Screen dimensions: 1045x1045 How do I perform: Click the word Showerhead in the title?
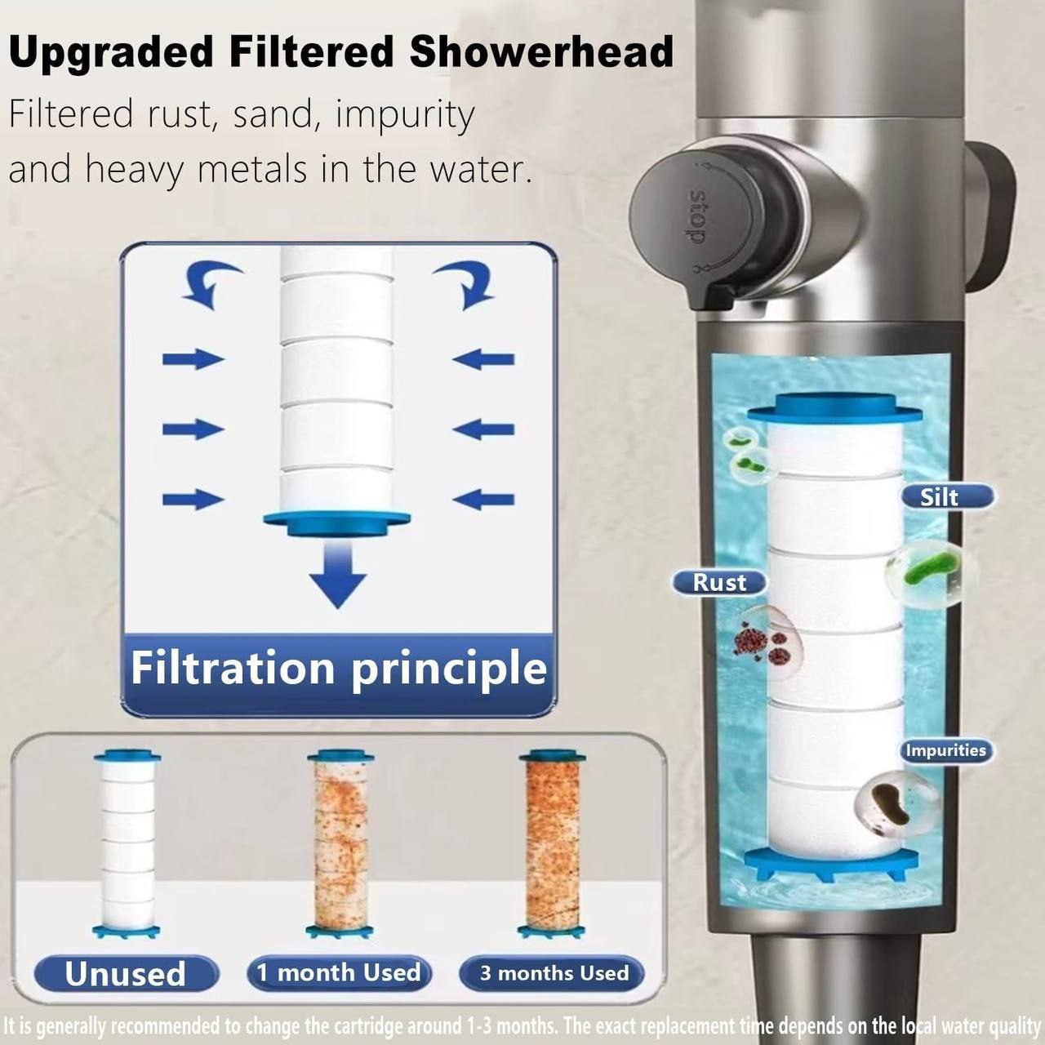pyautogui.click(x=541, y=52)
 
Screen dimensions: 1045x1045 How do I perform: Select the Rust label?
pyautogui.click(x=719, y=582)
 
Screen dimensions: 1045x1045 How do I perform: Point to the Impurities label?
pyautogui.click(x=946, y=750)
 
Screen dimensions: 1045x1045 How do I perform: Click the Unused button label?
pyautogui.click(x=126, y=973)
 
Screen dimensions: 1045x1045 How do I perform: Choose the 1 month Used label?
pyautogui.click(x=339, y=972)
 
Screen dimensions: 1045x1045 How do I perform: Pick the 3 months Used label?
pyautogui.click(x=554, y=973)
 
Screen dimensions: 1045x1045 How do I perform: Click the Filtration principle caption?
pyautogui.click(x=338, y=668)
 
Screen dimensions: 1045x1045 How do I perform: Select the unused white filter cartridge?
pyautogui.click(x=127, y=841)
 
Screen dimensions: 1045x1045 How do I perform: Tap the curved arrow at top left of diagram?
pyautogui.click(x=207, y=282)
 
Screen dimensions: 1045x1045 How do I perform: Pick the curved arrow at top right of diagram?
pyautogui.click(x=467, y=282)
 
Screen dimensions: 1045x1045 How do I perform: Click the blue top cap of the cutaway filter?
pyautogui.click(x=835, y=407)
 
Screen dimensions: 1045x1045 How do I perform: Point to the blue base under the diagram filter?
pyautogui.click(x=336, y=522)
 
